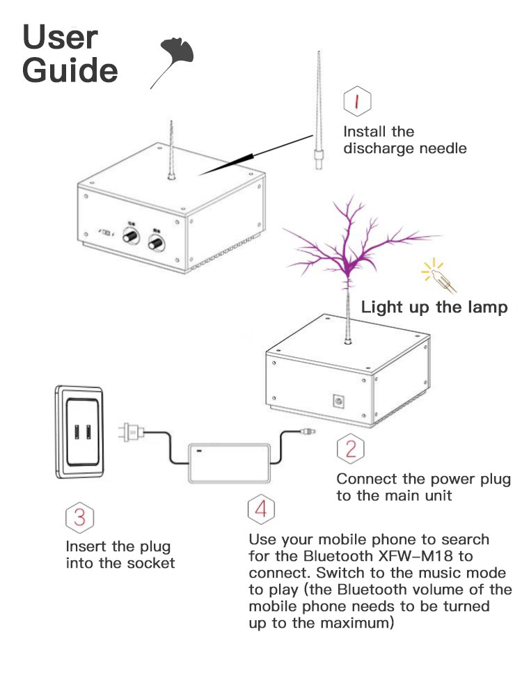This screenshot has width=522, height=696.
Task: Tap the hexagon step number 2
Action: point(351,449)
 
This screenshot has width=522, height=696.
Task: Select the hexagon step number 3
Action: point(79,517)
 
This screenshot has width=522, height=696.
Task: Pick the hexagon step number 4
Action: point(261,509)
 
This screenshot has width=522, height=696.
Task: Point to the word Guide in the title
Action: point(70,71)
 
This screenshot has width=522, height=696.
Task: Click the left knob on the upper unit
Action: point(130,238)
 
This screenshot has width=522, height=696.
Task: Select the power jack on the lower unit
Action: point(341,402)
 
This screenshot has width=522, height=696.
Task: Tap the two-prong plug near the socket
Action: point(130,431)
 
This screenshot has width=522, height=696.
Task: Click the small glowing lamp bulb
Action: point(438,276)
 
